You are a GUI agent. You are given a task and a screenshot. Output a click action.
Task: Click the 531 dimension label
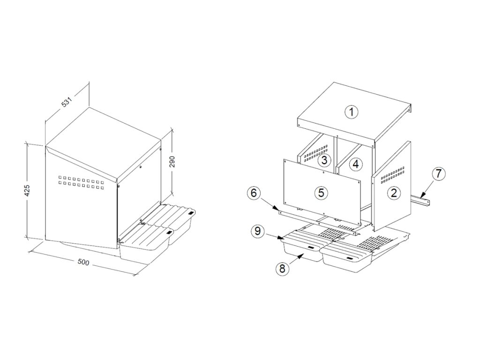67,102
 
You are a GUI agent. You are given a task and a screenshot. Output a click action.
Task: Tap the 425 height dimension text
27,191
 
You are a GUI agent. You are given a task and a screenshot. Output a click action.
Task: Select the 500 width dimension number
83,262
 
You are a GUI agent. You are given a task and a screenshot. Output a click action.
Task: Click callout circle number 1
352,112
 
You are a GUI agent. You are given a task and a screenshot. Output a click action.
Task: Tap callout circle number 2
394,193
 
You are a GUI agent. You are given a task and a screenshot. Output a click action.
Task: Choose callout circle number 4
355,165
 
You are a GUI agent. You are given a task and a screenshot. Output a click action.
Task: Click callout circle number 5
321,193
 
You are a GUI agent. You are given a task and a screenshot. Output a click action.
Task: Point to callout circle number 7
438,174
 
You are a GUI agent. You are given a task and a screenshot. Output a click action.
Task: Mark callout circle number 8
282,269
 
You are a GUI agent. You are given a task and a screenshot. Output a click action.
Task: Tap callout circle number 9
258,231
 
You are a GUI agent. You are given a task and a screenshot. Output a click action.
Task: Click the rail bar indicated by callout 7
420,200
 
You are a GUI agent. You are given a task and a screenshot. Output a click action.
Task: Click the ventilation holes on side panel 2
392,175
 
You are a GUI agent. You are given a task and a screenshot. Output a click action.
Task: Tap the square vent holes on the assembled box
82,180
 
